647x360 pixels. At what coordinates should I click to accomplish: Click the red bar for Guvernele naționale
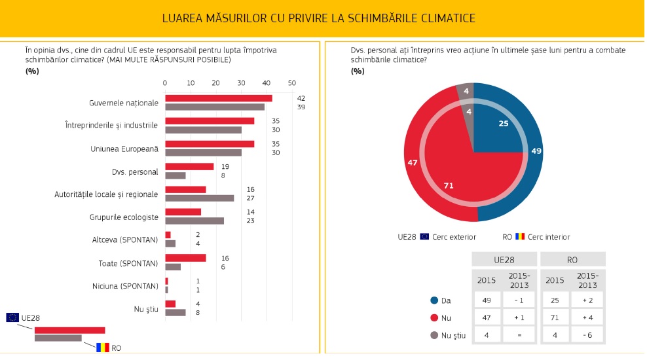coord(219,98)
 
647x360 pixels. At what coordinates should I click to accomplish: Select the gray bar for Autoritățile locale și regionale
coord(200,198)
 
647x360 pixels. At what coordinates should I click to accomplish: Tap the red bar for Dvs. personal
coord(189,167)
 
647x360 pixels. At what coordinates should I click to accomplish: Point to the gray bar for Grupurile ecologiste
coord(194,221)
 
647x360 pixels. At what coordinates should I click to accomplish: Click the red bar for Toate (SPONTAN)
coord(185,258)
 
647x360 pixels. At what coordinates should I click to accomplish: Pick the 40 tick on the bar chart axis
coord(267,83)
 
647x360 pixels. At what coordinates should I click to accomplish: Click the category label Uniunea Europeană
coord(124,149)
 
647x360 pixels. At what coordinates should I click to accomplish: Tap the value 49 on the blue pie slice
coord(536,151)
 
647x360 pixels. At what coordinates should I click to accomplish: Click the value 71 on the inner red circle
coord(449,186)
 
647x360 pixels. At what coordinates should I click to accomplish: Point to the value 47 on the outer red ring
coord(413,162)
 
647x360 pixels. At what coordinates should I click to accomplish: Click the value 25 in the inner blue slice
coord(504,124)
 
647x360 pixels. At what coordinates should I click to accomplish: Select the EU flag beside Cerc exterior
coord(424,236)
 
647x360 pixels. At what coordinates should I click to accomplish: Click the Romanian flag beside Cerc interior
coord(520,236)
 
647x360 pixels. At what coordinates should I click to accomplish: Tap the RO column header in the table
coord(572,259)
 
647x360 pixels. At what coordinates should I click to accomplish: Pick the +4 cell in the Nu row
coord(587,317)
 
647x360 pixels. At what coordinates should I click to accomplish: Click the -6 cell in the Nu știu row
coord(587,334)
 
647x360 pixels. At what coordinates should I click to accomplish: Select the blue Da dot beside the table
coord(434,300)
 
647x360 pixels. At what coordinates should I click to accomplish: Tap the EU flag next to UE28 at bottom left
coord(12,317)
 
